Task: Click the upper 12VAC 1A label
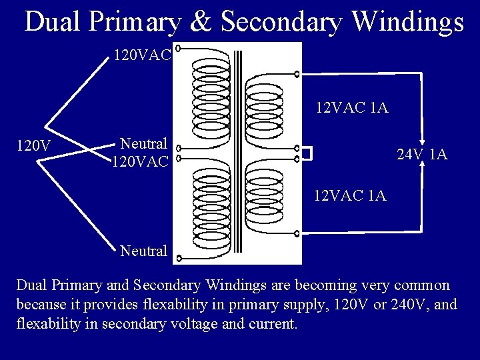(x=352, y=107)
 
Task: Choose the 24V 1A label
(x=421, y=155)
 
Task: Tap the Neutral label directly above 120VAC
(x=143, y=143)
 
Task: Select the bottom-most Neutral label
(x=143, y=251)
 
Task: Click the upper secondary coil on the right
(x=265, y=110)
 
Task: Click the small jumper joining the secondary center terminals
(x=306, y=153)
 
